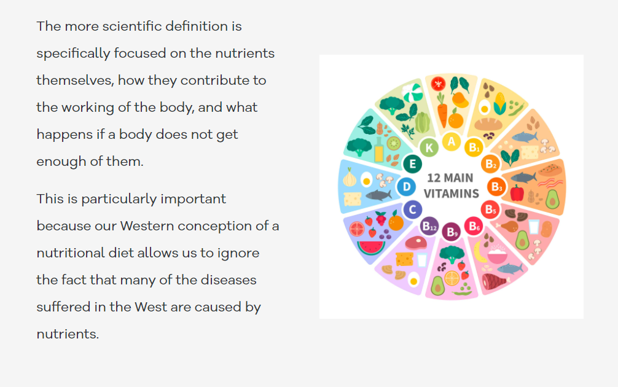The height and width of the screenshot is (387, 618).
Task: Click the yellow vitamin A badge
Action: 452,141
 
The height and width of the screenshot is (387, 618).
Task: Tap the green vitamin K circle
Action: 429,148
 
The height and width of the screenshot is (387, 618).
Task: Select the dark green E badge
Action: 413,164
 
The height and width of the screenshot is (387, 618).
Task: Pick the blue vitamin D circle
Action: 406,186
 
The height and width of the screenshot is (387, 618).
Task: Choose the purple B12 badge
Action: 429,226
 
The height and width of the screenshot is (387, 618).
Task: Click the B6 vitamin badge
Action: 474,226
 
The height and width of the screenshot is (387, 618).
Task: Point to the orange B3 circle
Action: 496,187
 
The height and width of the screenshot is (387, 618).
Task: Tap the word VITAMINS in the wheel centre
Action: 452,193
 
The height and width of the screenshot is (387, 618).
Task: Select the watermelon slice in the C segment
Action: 371,248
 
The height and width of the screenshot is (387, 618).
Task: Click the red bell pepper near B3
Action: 517,193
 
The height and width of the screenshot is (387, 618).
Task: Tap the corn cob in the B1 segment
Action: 500,103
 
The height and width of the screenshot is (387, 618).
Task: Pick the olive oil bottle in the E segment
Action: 379,149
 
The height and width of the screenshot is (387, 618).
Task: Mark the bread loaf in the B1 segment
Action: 488,124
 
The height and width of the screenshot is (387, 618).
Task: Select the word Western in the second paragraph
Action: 147,226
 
